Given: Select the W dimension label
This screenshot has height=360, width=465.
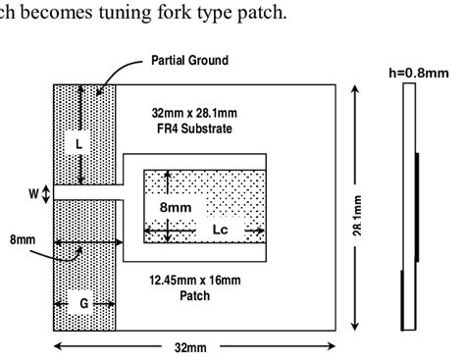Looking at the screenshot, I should click(x=33, y=193).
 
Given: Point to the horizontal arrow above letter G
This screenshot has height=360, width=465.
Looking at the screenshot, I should click(x=84, y=241).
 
